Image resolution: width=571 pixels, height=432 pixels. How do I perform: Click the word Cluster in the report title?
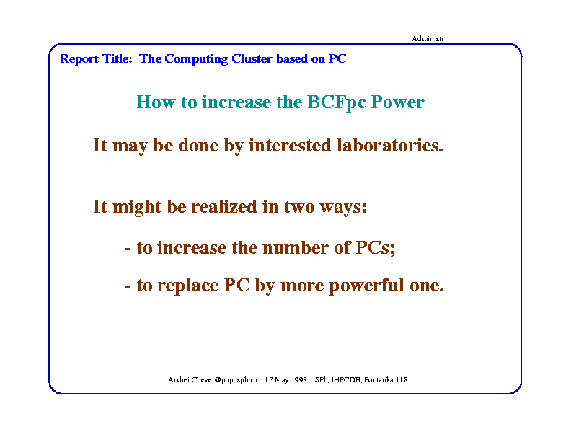[x=252, y=58]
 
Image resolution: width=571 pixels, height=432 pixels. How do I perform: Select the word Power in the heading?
[x=398, y=102]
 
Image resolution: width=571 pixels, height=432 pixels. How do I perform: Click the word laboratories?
[x=390, y=145]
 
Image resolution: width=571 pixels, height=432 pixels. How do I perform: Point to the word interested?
[x=290, y=145]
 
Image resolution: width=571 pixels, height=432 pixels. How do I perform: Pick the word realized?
[x=224, y=206]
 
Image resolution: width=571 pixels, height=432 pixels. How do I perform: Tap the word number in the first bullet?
[x=296, y=247]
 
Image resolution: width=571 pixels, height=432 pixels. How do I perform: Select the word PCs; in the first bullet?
[x=376, y=248]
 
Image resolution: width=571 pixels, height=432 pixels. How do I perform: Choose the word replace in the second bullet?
[x=188, y=286]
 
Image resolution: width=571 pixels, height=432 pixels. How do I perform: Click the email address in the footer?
[x=213, y=380]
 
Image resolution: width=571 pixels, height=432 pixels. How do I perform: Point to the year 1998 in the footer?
[x=298, y=380]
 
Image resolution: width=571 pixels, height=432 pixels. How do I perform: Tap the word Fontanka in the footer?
[x=379, y=380]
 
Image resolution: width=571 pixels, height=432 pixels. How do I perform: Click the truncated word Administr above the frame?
[x=428, y=39]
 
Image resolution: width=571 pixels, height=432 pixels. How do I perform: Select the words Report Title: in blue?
[x=96, y=58]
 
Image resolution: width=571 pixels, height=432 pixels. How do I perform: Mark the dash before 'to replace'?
[x=128, y=287]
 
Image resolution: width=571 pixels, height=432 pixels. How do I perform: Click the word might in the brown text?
[x=137, y=207]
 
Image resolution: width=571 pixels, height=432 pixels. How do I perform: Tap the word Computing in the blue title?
[x=196, y=59]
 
